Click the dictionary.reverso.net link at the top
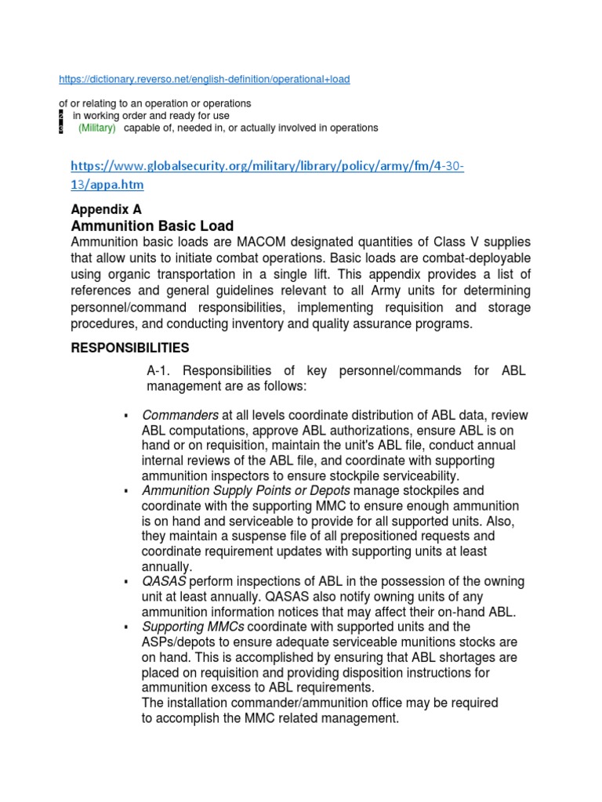click(205, 79)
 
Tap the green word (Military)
click(96, 128)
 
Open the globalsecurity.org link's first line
click(267, 167)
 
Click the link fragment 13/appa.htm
click(107, 185)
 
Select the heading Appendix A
click(106, 210)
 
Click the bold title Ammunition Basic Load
click(152, 226)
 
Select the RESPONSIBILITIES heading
click(130, 348)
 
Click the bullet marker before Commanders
click(125, 415)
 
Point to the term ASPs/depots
click(178, 642)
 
